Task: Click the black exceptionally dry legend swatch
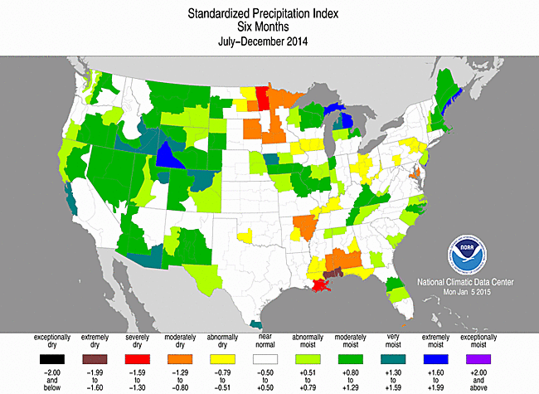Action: coord(50,359)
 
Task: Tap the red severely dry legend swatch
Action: coord(137,359)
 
